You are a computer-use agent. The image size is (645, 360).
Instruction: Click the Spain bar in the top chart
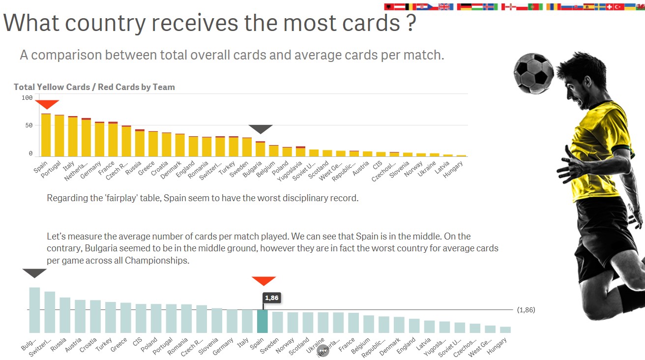(x=46, y=135)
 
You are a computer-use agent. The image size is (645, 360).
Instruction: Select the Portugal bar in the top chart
(x=59, y=136)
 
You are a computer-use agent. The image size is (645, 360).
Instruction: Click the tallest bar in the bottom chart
(x=34, y=310)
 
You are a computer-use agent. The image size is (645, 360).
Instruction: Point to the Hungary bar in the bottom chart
(x=505, y=330)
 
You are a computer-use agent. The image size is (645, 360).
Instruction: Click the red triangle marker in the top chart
(x=47, y=104)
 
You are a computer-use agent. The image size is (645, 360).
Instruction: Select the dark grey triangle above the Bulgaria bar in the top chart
(x=260, y=129)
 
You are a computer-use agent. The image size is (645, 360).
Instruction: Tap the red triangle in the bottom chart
(x=264, y=280)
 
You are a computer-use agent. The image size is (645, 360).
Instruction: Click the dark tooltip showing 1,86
(x=271, y=298)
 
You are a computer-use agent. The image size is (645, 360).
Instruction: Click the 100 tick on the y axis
(x=27, y=98)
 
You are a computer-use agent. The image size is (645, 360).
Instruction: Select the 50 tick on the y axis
(x=29, y=126)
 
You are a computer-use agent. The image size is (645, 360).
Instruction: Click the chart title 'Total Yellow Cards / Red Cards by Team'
(x=94, y=87)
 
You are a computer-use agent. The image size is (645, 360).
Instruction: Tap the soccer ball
(x=534, y=73)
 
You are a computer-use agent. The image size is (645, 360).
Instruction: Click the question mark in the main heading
(x=412, y=23)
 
